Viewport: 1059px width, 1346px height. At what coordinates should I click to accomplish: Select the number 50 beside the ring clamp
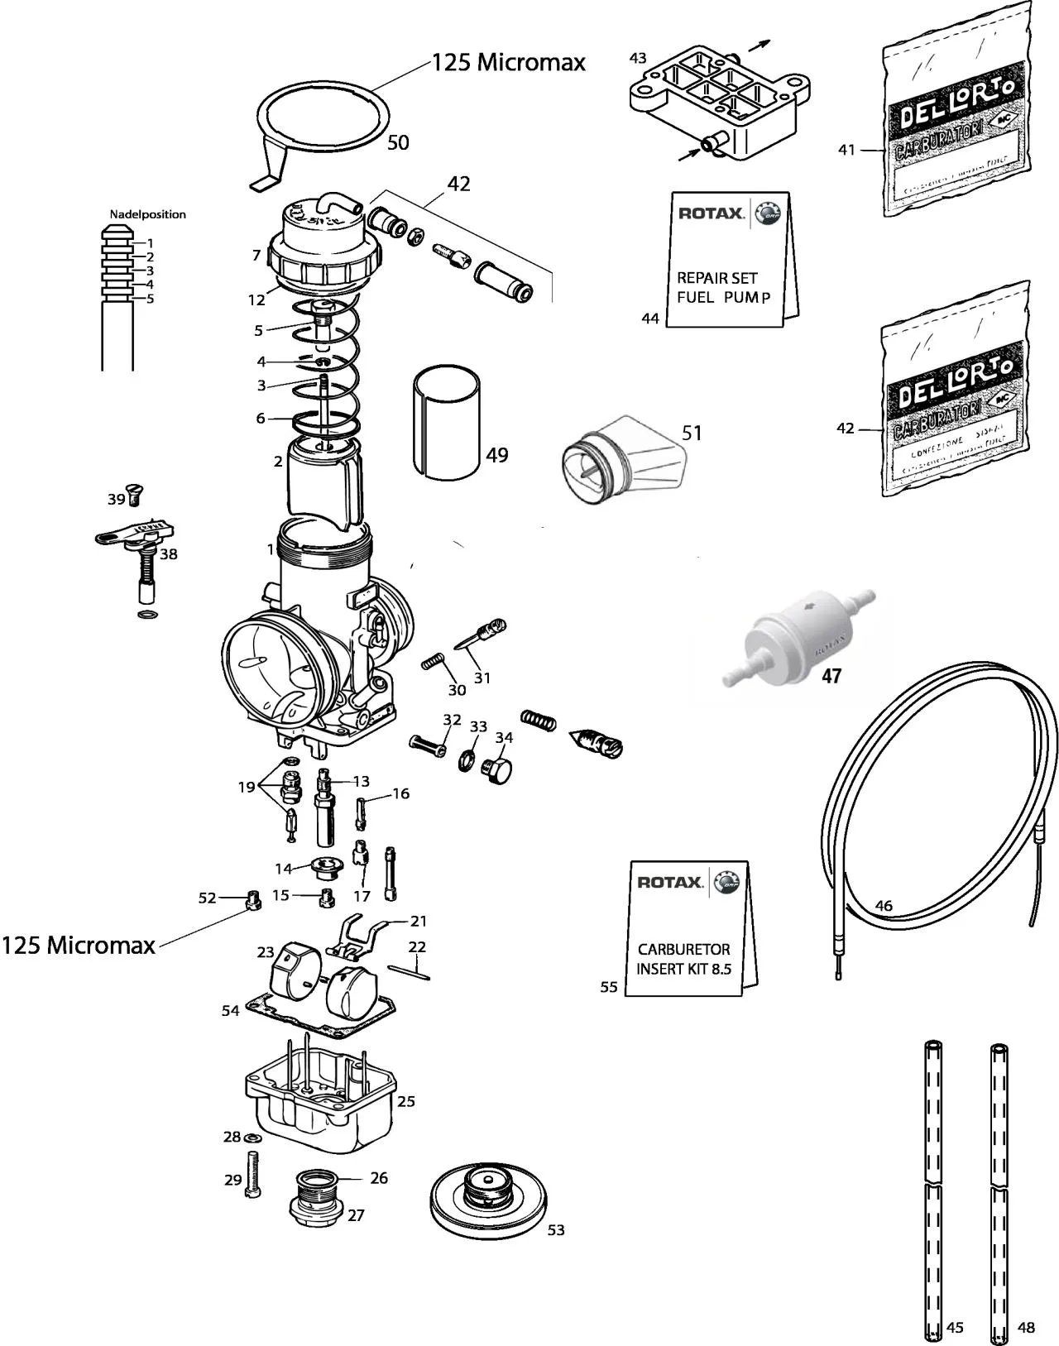(x=398, y=142)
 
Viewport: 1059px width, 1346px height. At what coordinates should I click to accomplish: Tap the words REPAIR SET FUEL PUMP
(x=723, y=287)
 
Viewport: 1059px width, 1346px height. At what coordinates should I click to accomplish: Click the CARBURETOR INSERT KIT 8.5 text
(x=683, y=959)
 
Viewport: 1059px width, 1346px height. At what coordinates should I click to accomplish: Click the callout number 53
(x=556, y=1230)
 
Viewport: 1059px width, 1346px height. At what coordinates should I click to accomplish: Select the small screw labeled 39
(x=134, y=495)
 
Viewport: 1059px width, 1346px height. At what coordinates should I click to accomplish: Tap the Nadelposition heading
(x=148, y=214)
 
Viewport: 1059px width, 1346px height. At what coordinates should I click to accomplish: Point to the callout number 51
(x=692, y=433)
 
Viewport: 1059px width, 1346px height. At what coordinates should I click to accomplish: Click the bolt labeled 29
(x=252, y=1175)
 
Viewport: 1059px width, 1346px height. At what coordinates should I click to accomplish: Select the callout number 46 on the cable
(x=884, y=906)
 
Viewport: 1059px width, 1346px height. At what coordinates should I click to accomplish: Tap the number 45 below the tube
(x=955, y=1327)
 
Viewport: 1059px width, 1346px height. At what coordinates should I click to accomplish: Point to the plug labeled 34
(x=497, y=769)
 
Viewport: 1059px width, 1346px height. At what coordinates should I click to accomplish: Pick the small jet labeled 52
(x=253, y=899)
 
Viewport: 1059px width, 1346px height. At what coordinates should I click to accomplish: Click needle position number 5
(x=150, y=299)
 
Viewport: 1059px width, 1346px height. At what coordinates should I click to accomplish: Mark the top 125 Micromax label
(x=509, y=62)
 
